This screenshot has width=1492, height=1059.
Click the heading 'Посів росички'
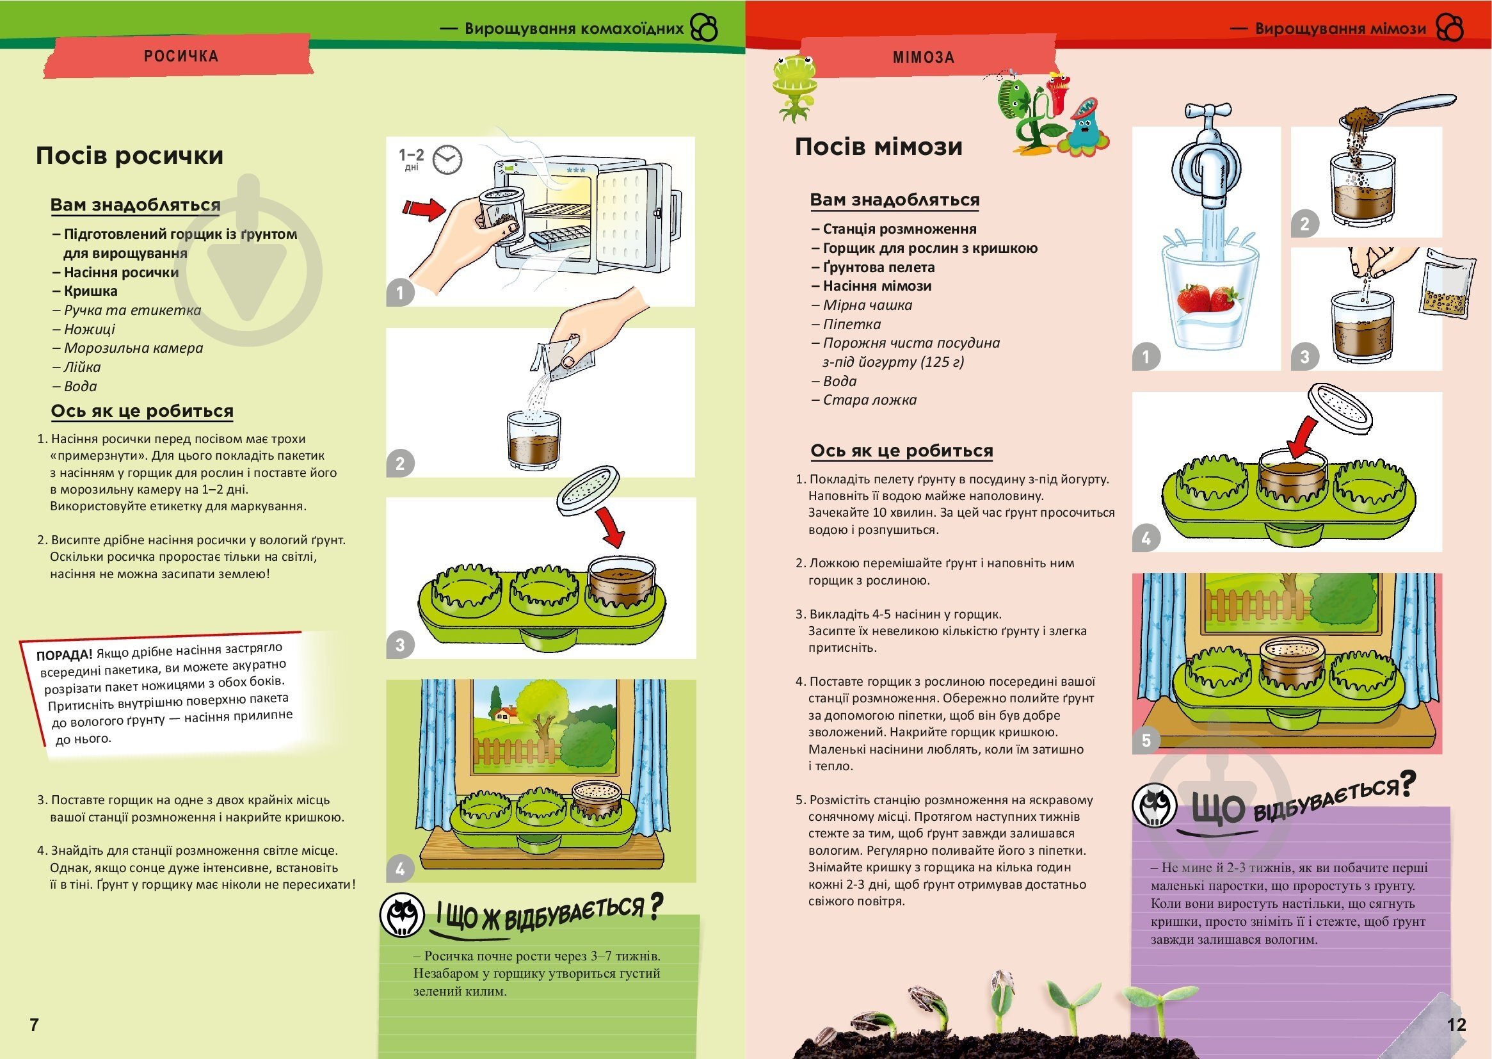point(129,156)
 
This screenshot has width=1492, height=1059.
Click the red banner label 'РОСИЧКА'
point(180,56)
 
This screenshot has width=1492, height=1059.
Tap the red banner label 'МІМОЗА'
point(923,58)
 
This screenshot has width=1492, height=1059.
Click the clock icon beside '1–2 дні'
point(447,159)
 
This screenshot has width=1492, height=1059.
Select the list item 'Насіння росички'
point(120,273)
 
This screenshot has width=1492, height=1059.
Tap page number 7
point(35,1024)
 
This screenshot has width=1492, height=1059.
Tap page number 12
point(1456,1024)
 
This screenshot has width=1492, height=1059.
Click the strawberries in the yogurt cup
point(1207,298)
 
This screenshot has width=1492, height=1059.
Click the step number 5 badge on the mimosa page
point(1146,740)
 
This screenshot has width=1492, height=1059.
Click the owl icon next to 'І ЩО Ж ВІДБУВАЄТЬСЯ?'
point(402,915)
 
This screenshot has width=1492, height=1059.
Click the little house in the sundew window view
point(506,713)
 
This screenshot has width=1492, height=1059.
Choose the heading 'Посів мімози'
point(878,147)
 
